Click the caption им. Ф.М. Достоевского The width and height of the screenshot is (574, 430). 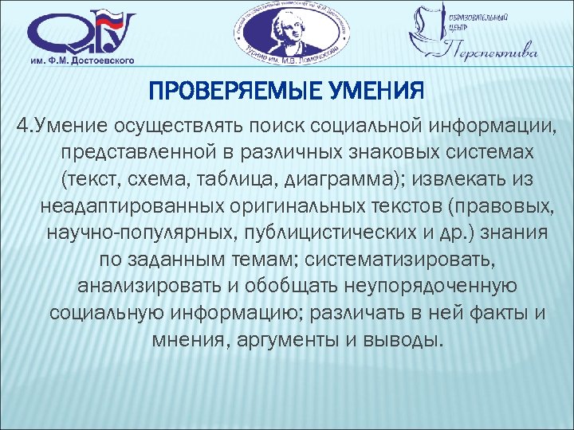click(x=82, y=61)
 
